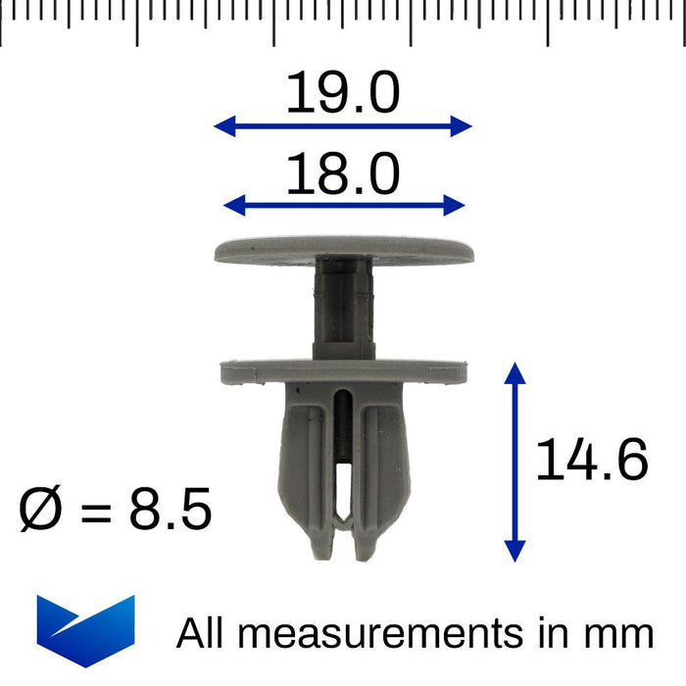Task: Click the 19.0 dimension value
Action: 343,95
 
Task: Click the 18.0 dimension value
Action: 343,175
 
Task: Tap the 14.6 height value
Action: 592,461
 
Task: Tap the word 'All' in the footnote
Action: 202,633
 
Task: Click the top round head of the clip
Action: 344,250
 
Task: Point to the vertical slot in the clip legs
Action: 342,461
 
